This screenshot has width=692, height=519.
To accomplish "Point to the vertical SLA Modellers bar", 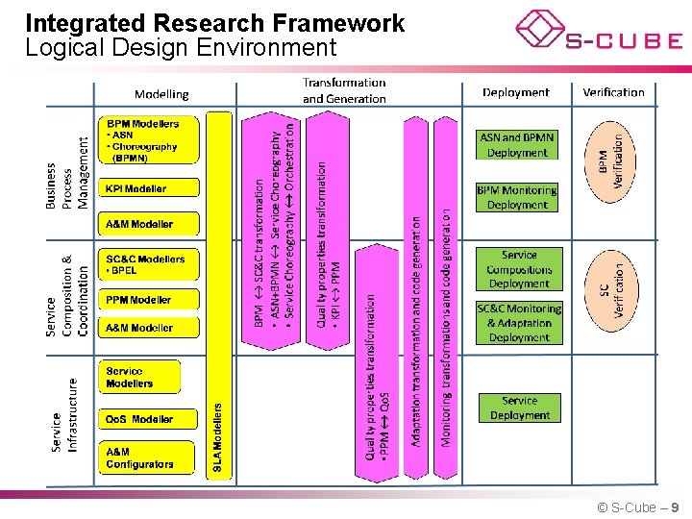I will click(219, 294).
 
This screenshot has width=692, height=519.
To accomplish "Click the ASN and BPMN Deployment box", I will click(517, 145).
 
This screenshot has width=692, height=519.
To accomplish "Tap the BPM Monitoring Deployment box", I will click(517, 197).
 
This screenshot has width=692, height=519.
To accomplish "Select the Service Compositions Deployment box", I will click(519, 269).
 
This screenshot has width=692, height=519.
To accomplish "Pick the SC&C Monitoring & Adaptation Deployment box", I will click(519, 323).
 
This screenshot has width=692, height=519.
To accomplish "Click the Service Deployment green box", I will click(519, 408).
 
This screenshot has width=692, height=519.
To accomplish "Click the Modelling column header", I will click(161, 93).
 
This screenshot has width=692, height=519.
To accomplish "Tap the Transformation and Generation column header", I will click(344, 90).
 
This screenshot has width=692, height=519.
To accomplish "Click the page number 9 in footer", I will click(675, 507).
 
